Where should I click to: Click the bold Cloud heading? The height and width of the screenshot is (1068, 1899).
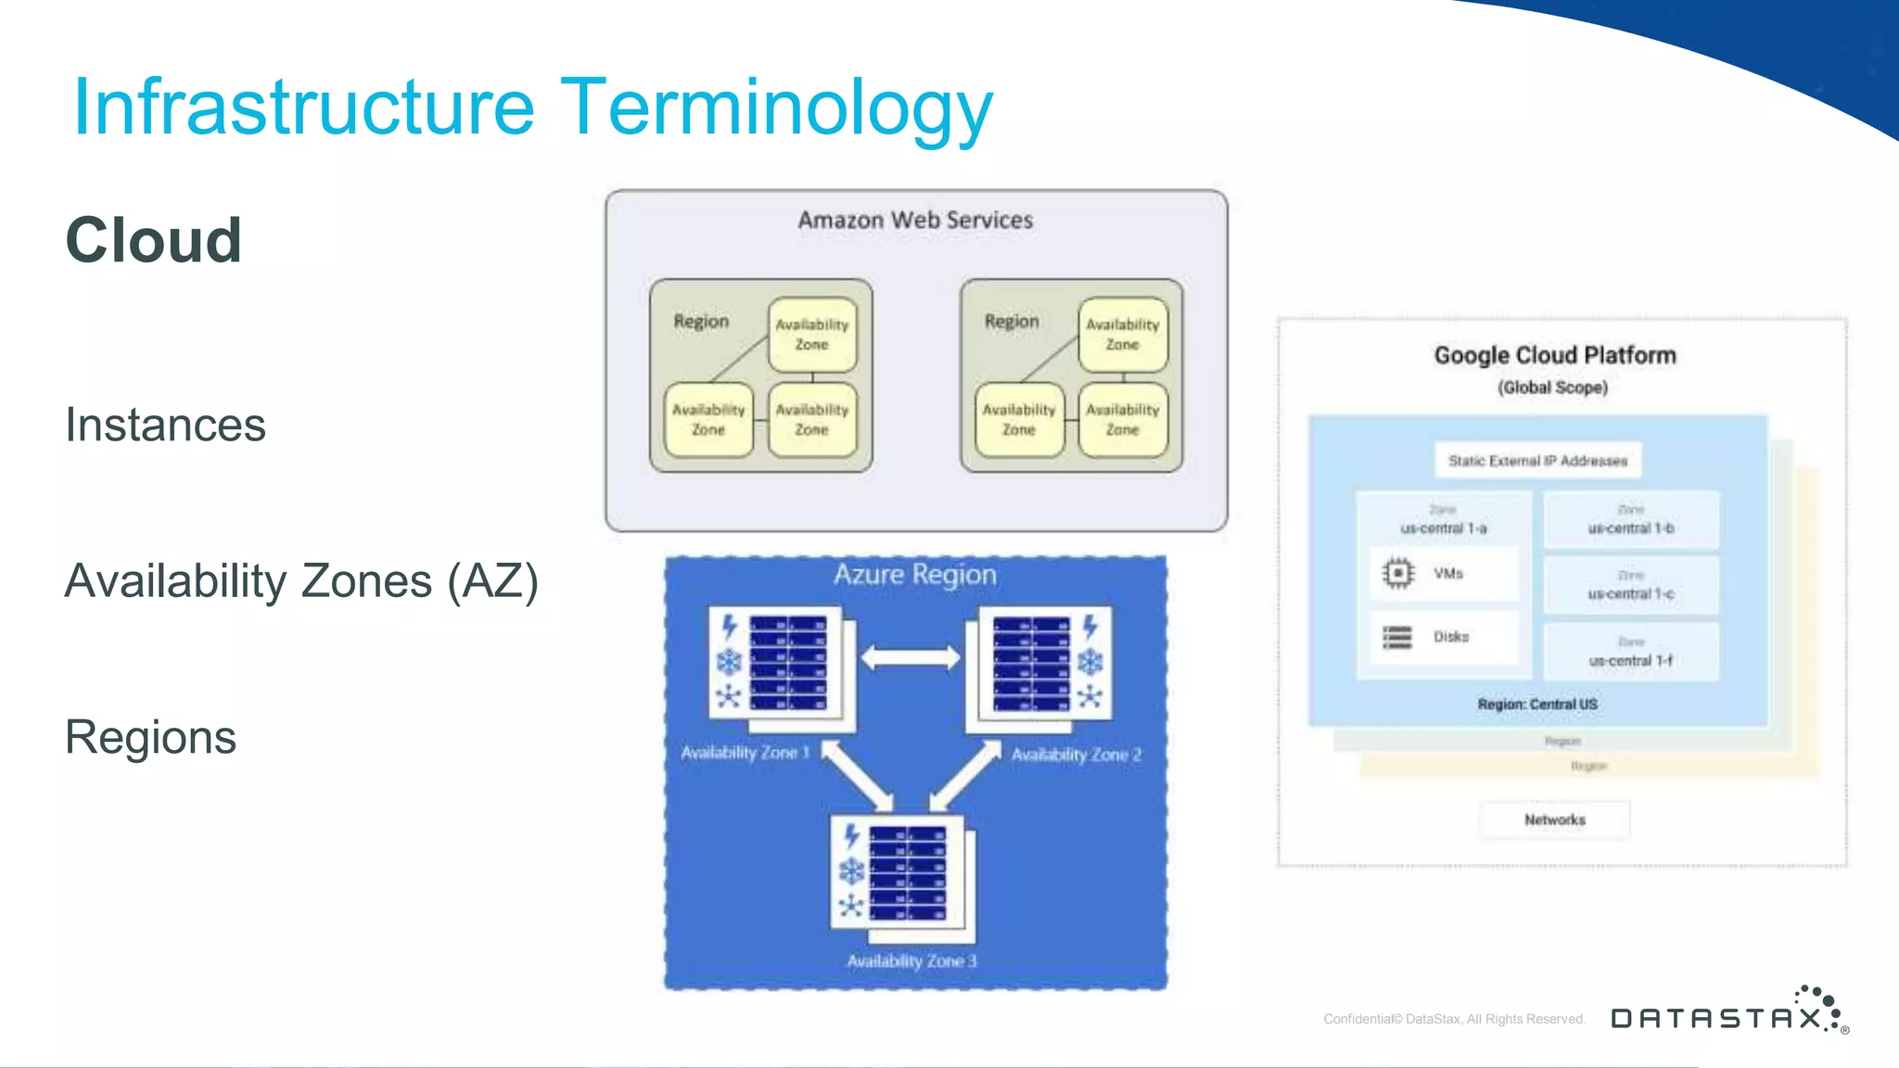tap(154, 240)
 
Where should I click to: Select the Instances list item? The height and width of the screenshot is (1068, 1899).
tap(165, 426)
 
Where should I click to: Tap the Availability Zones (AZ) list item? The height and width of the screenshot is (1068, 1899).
tap(301, 582)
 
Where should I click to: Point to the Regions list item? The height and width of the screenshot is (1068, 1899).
tap(150, 738)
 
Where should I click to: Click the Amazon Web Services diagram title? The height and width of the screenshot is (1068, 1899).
tap(915, 221)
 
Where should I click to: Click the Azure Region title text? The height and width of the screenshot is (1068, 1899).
tap(914, 575)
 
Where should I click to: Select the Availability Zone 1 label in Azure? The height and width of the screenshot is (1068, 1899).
tap(745, 753)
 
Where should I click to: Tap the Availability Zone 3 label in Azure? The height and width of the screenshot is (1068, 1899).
tap(911, 961)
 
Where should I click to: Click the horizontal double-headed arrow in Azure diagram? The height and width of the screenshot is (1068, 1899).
tap(911, 658)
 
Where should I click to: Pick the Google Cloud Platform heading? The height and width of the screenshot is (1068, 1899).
tap(1555, 355)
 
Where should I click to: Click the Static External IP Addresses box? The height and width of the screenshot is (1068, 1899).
tap(1537, 461)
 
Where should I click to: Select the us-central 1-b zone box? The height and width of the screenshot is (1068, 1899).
tap(1631, 521)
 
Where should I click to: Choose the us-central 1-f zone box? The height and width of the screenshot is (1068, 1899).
tap(1631, 653)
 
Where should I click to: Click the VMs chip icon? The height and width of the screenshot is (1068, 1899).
tap(1397, 573)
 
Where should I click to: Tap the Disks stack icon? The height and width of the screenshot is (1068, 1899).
tap(1397, 637)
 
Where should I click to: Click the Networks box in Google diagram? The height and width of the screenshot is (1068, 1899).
tap(1555, 820)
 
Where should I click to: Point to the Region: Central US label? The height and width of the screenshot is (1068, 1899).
tap(1537, 705)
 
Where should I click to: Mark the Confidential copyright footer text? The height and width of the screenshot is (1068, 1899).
tap(1454, 1019)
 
